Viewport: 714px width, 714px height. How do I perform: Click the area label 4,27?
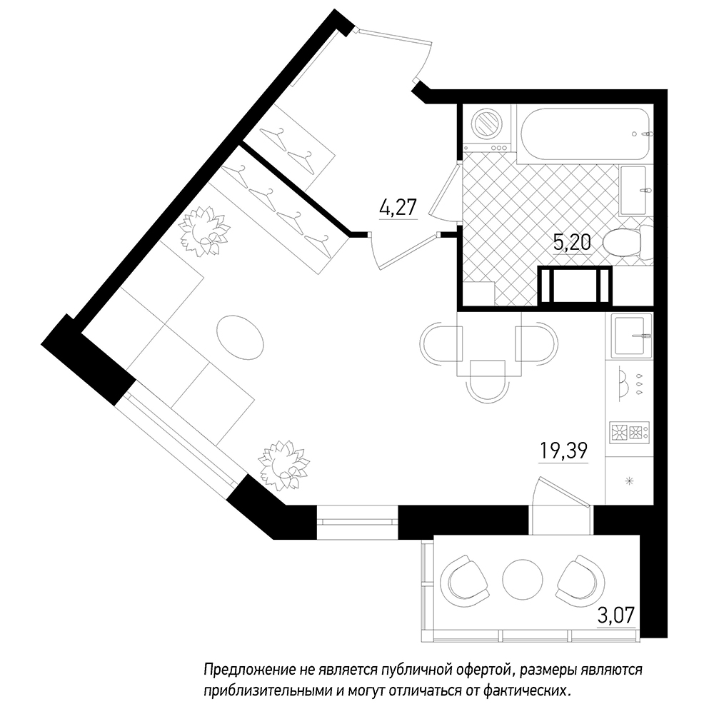pyautogui.click(x=398, y=208)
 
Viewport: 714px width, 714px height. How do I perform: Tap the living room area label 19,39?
pyautogui.click(x=564, y=451)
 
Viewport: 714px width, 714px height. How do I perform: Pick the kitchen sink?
pyautogui.click(x=630, y=336)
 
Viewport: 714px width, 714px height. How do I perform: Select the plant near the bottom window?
pyautogui.click(x=284, y=465)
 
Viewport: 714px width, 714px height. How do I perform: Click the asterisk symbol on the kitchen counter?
pyautogui.click(x=630, y=480)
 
